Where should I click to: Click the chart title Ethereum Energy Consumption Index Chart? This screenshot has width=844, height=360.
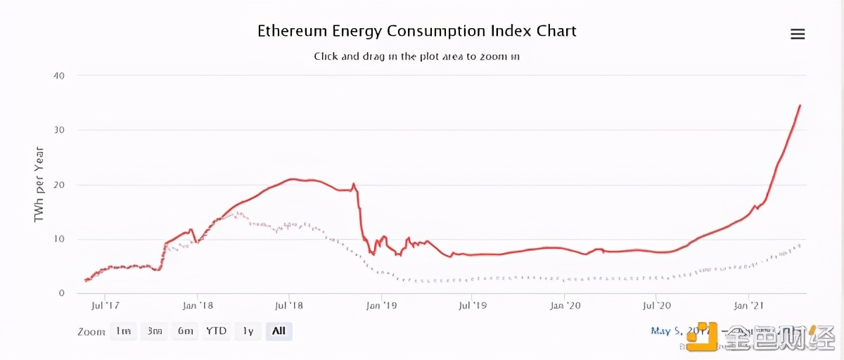[x=416, y=31]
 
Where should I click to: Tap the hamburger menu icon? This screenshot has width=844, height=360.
[x=798, y=34]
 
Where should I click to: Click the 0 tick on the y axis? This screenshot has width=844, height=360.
[x=62, y=293]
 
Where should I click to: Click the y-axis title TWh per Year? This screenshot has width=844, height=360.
[x=39, y=184]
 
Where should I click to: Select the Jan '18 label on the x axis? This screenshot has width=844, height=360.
[x=198, y=307]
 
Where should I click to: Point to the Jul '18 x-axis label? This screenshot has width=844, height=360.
[x=289, y=307]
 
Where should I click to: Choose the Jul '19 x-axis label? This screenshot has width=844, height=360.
[x=473, y=307]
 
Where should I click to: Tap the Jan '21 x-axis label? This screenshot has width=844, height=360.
[x=748, y=307]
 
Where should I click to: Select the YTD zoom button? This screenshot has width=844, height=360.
[x=216, y=330]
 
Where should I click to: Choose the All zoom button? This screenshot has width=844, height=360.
[x=279, y=330]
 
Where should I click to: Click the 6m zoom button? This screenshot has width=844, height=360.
[x=186, y=330]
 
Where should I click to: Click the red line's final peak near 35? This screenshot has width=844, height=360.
[x=800, y=105]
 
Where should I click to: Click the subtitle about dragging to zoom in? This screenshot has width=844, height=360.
[x=416, y=56]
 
